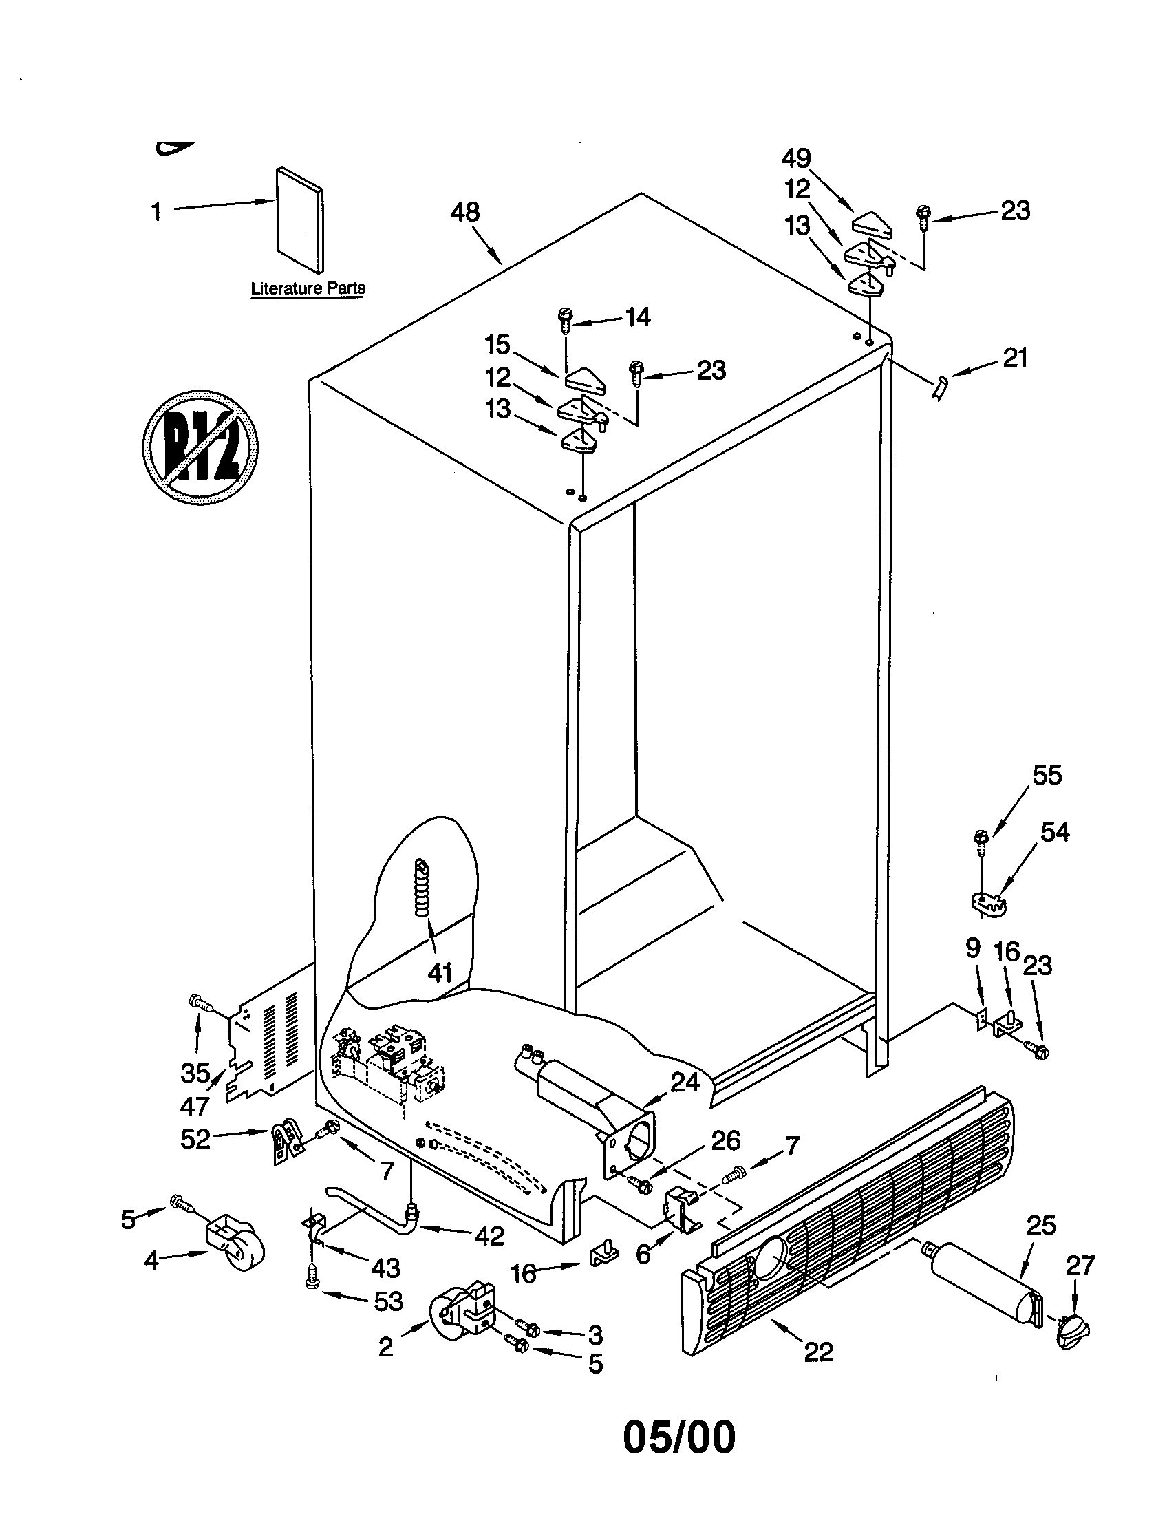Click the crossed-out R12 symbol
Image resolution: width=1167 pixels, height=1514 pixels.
(200, 447)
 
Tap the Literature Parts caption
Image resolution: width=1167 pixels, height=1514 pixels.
(308, 288)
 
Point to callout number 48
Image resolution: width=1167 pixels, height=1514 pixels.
(464, 212)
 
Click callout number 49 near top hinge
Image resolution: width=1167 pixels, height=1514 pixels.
(796, 159)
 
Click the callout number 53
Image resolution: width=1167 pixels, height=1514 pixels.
(388, 1301)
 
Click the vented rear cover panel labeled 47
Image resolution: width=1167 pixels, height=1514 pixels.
(270, 1040)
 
